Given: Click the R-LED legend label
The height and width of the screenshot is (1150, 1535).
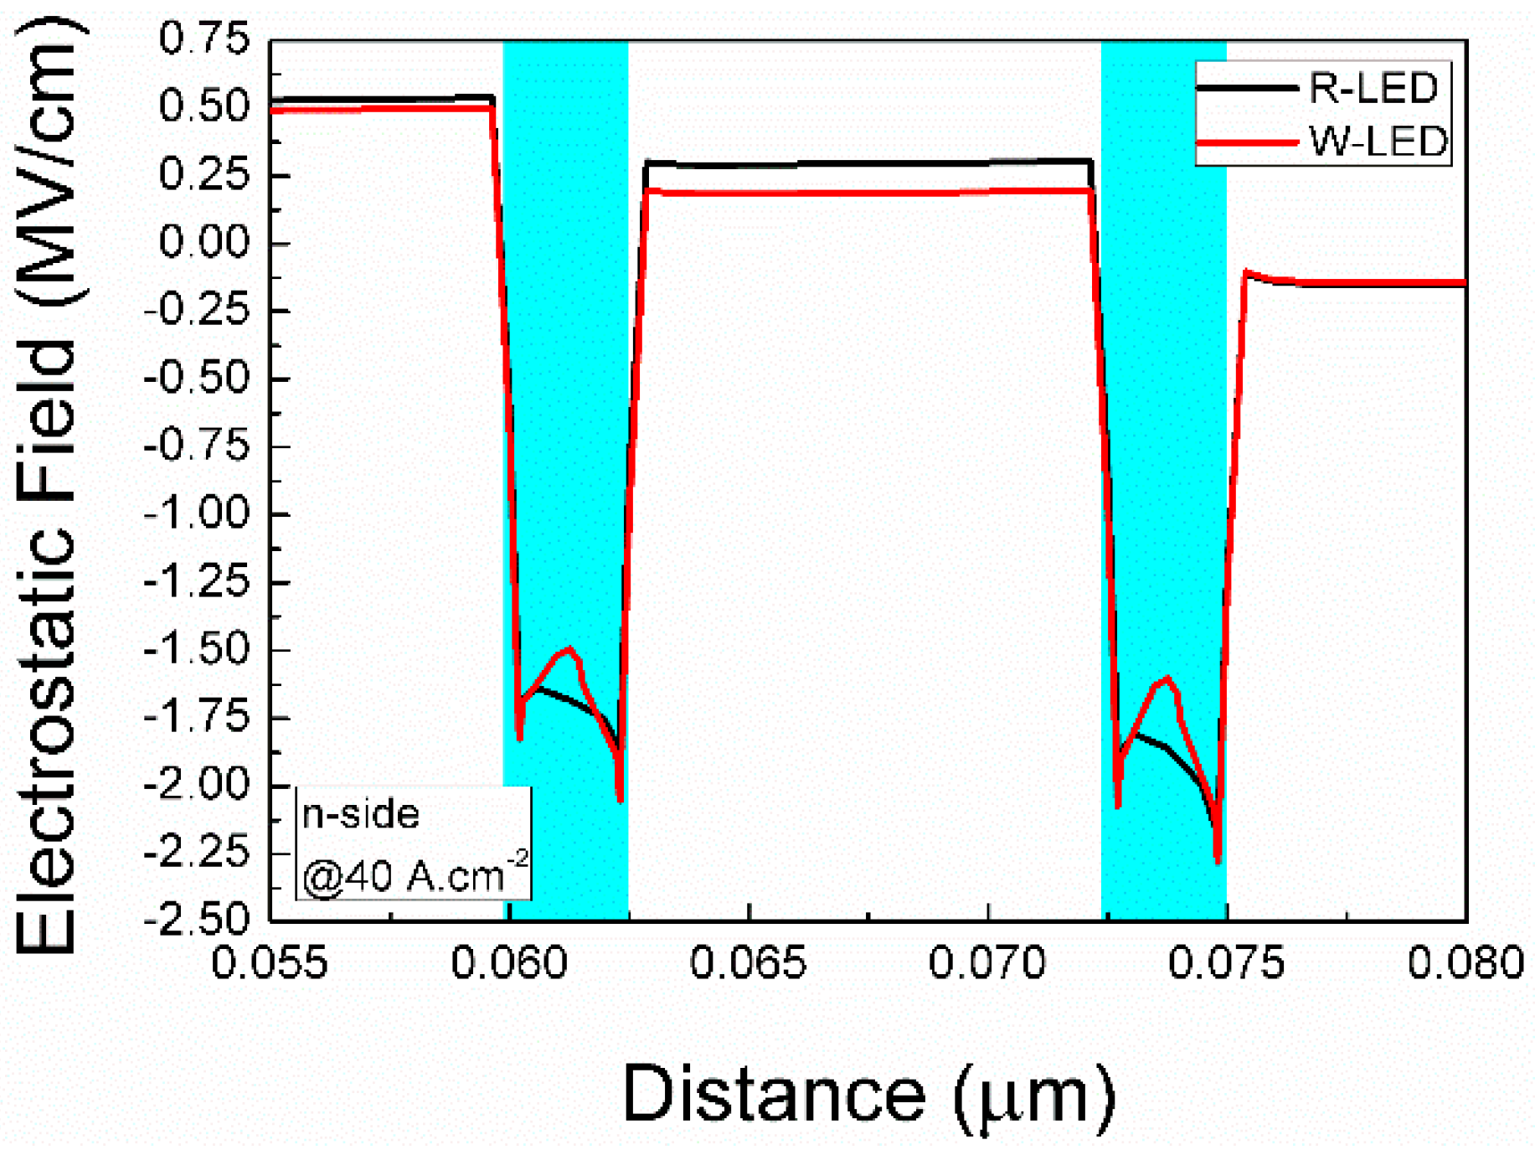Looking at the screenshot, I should (1373, 88).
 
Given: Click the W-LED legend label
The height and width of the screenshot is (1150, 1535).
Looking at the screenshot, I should (1378, 142).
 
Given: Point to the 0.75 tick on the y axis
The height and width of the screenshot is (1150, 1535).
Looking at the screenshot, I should (204, 39).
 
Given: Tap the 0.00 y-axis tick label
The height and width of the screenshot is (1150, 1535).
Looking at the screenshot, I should (204, 243).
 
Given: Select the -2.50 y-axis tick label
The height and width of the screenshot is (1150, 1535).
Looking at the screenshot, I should (198, 920).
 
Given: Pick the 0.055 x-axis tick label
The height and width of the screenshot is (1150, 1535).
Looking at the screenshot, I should (270, 962).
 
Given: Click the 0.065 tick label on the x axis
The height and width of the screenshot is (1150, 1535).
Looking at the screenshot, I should (748, 962).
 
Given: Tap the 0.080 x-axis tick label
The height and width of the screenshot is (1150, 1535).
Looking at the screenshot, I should (1465, 962).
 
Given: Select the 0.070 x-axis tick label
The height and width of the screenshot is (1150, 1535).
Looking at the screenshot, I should (987, 962).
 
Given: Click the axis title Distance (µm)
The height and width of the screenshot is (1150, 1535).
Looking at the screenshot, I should (869, 1095).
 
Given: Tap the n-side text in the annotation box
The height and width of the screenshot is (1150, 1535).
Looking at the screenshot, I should (361, 814).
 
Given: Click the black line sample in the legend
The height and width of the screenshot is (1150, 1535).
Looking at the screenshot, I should (1246, 88).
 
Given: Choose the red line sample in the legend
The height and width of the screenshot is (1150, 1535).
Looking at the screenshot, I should (1246, 142).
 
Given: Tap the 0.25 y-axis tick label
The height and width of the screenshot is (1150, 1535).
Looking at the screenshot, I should (204, 174).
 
